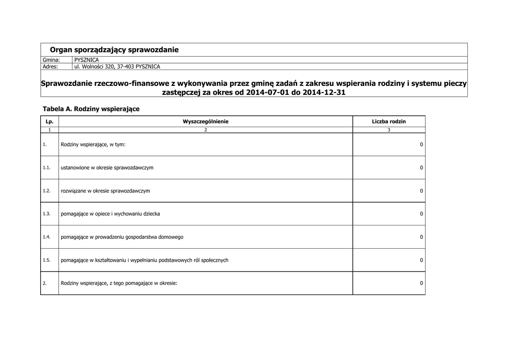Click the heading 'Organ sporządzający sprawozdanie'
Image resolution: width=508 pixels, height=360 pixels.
(114, 50)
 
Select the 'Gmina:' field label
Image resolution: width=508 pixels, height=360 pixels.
(51, 60)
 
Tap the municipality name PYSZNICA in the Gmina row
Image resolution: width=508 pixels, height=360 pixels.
(86, 60)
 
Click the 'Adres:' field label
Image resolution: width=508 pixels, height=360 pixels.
(50, 67)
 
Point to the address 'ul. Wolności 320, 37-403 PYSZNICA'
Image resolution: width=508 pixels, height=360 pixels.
(117, 67)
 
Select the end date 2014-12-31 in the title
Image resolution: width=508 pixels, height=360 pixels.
(320, 92)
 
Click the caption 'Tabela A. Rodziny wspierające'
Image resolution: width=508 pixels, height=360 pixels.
(91, 108)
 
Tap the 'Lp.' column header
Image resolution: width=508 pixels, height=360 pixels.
(49, 122)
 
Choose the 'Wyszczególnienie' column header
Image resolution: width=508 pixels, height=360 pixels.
(205, 122)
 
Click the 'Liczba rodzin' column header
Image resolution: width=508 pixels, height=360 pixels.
(389, 122)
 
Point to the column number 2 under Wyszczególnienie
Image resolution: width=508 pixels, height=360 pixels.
(205, 130)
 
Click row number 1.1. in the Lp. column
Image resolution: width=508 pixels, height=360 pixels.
(47, 168)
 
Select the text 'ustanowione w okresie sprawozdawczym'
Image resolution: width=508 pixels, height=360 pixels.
(107, 168)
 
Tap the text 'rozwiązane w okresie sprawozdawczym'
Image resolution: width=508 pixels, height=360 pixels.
(105, 191)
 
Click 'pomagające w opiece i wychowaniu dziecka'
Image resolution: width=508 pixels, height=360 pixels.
(110, 214)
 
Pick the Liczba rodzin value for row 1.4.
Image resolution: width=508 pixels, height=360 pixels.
(421, 237)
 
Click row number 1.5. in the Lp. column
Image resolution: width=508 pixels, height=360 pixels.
(47, 260)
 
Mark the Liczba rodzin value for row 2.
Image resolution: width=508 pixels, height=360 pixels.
(421, 283)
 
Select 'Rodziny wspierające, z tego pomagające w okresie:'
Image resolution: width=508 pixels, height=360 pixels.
(119, 283)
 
